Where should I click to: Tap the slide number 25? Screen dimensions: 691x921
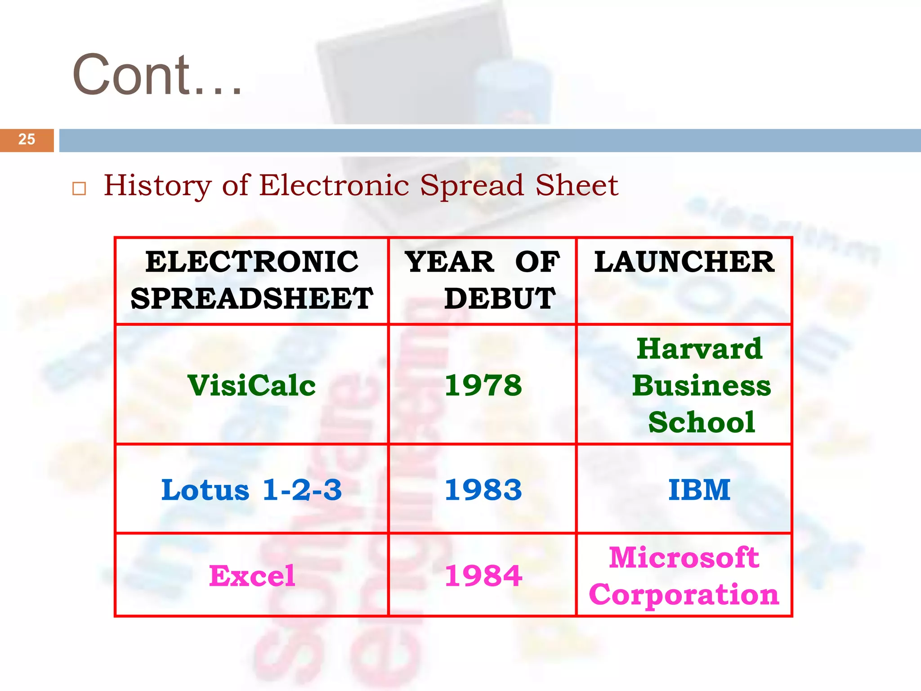27,139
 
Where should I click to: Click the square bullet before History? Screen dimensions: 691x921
79,188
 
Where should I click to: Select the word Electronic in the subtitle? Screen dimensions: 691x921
334,185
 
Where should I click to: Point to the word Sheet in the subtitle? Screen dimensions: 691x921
577,185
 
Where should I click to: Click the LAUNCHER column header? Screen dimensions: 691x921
684,262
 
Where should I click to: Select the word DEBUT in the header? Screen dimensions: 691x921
500,298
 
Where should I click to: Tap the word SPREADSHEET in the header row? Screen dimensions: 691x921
252,298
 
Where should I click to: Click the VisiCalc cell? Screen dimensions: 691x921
252,386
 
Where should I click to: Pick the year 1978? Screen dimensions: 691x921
483,386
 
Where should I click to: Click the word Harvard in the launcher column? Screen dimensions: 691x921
700,349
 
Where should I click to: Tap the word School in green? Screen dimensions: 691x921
702,422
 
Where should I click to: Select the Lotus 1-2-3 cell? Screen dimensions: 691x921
252,490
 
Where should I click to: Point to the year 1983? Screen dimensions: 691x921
483,490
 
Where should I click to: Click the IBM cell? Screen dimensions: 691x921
699,490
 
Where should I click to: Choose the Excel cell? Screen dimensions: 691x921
252,576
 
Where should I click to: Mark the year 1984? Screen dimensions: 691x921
483,576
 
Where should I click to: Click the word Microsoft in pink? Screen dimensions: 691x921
684,558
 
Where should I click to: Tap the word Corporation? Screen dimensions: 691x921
684,595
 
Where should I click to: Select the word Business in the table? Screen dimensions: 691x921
702,386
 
